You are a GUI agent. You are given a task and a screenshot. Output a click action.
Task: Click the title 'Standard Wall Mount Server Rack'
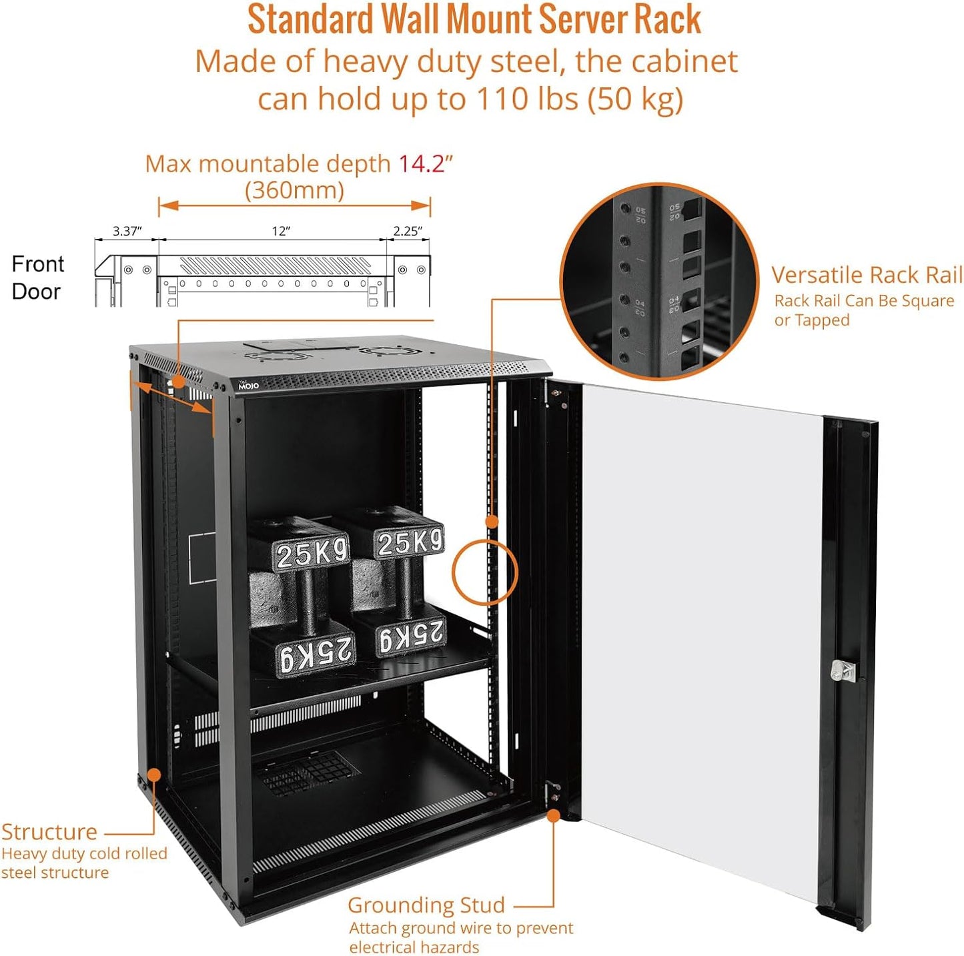[474, 20]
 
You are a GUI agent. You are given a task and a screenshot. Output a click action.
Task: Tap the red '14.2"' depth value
[426, 163]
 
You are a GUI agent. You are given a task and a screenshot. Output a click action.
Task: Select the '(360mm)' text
[294, 191]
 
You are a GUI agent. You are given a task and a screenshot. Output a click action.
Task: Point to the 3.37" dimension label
[127, 231]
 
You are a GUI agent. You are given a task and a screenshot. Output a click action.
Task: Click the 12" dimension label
[281, 231]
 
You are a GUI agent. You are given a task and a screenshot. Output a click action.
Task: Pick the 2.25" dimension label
[407, 231]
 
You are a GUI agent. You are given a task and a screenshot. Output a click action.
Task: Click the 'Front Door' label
[37, 278]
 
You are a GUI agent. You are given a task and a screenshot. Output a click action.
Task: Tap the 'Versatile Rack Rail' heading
[867, 275]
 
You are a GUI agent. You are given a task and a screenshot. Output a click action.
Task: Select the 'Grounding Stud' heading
[426, 905]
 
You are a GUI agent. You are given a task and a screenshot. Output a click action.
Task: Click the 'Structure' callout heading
[49, 832]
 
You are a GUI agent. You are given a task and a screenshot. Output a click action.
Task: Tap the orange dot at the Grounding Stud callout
[553, 815]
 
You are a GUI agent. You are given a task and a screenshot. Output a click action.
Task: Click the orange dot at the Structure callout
[154, 775]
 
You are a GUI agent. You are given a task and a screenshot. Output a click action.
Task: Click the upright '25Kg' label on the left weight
[312, 553]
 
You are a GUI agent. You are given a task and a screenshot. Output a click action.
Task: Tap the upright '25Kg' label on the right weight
[410, 542]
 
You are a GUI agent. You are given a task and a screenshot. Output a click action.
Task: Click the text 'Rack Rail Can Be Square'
[864, 301]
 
